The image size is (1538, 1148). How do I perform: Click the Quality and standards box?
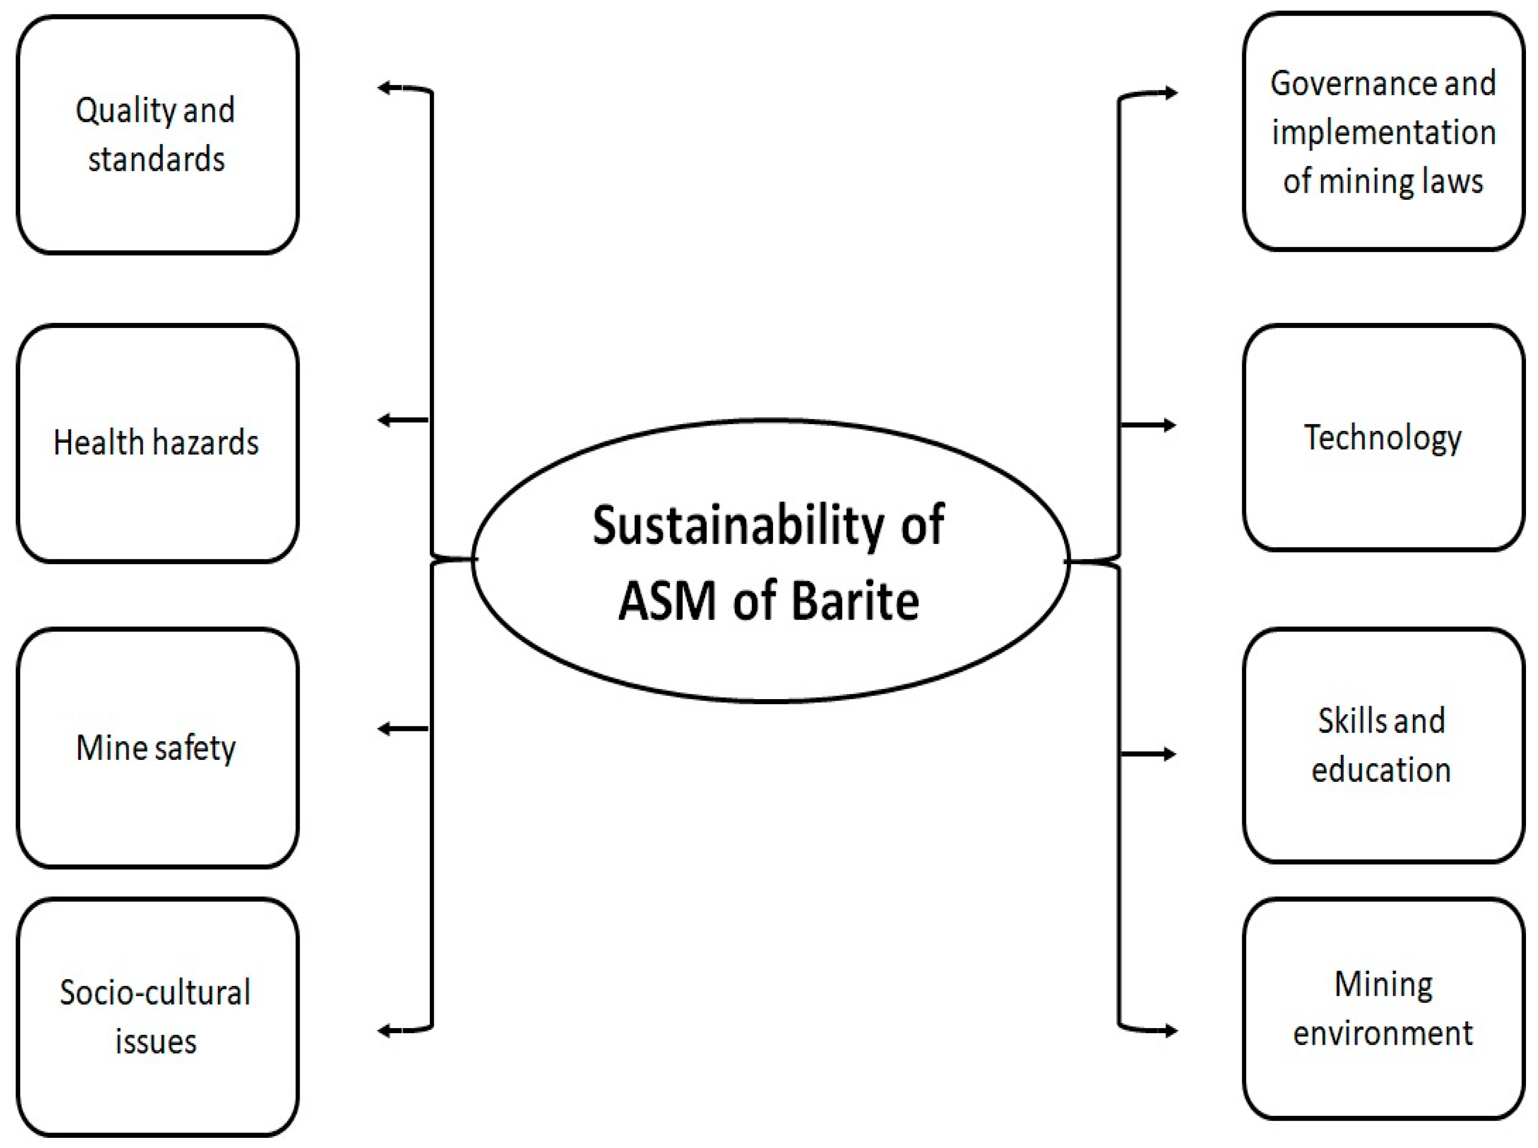[x=157, y=135]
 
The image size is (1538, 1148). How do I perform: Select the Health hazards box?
[x=157, y=442]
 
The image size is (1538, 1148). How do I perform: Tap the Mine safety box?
[x=157, y=748]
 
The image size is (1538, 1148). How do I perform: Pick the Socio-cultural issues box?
[x=157, y=1016]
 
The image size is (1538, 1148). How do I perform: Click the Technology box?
[x=1382, y=438]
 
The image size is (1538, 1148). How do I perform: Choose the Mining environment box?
[x=1382, y=1009]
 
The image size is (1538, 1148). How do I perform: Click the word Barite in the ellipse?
[x=855, y=601]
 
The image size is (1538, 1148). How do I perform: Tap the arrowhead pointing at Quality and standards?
[x=384, y=88]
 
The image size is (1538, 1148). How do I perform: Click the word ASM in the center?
[x=667, y=601]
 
